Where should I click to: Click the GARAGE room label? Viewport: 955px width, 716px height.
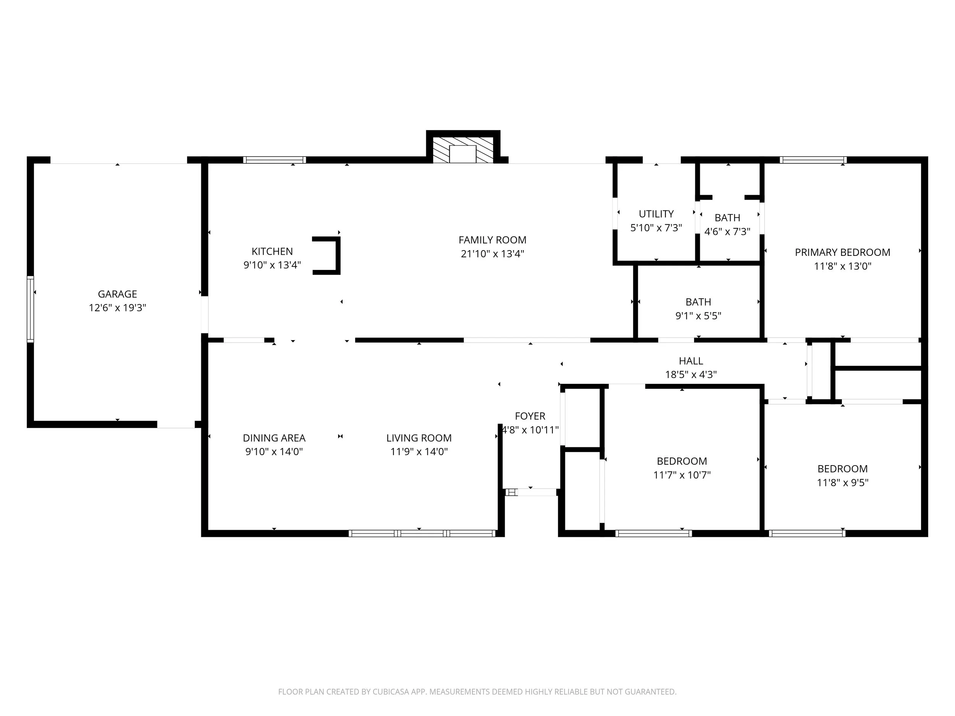click(x=117, y=294)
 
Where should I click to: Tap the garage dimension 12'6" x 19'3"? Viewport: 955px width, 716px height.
click(x=117, y=308)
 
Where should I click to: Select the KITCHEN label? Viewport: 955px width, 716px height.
click(x=272, y=251)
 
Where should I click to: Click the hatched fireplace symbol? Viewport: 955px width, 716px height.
click(x=463, y=150)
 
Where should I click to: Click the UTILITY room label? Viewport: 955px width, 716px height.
click(x=656, y=213)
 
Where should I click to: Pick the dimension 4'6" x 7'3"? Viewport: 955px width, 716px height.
click(x=727, y=232)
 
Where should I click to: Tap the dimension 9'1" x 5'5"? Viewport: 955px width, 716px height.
click(x=698, y=316)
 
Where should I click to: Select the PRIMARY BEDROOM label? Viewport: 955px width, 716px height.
click(x=842, y=252)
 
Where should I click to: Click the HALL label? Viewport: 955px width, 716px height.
click(x=691, y=361)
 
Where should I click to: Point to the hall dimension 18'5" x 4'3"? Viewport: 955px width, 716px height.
click(x=691, y=375)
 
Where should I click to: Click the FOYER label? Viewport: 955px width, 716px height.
click(x=530, y=416)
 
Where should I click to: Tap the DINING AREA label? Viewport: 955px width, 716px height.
click(x=274, y=438)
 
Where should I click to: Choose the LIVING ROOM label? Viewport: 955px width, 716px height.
click(x=419, y=438)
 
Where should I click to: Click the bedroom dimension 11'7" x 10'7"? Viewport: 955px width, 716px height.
click(x=682, y=475)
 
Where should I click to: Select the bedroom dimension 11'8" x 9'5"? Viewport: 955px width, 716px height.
click(x=842, y=483)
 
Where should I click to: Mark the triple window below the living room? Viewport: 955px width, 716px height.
click(x=422, y=533)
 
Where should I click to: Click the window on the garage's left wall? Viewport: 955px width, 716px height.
click(x=30, y=309)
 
